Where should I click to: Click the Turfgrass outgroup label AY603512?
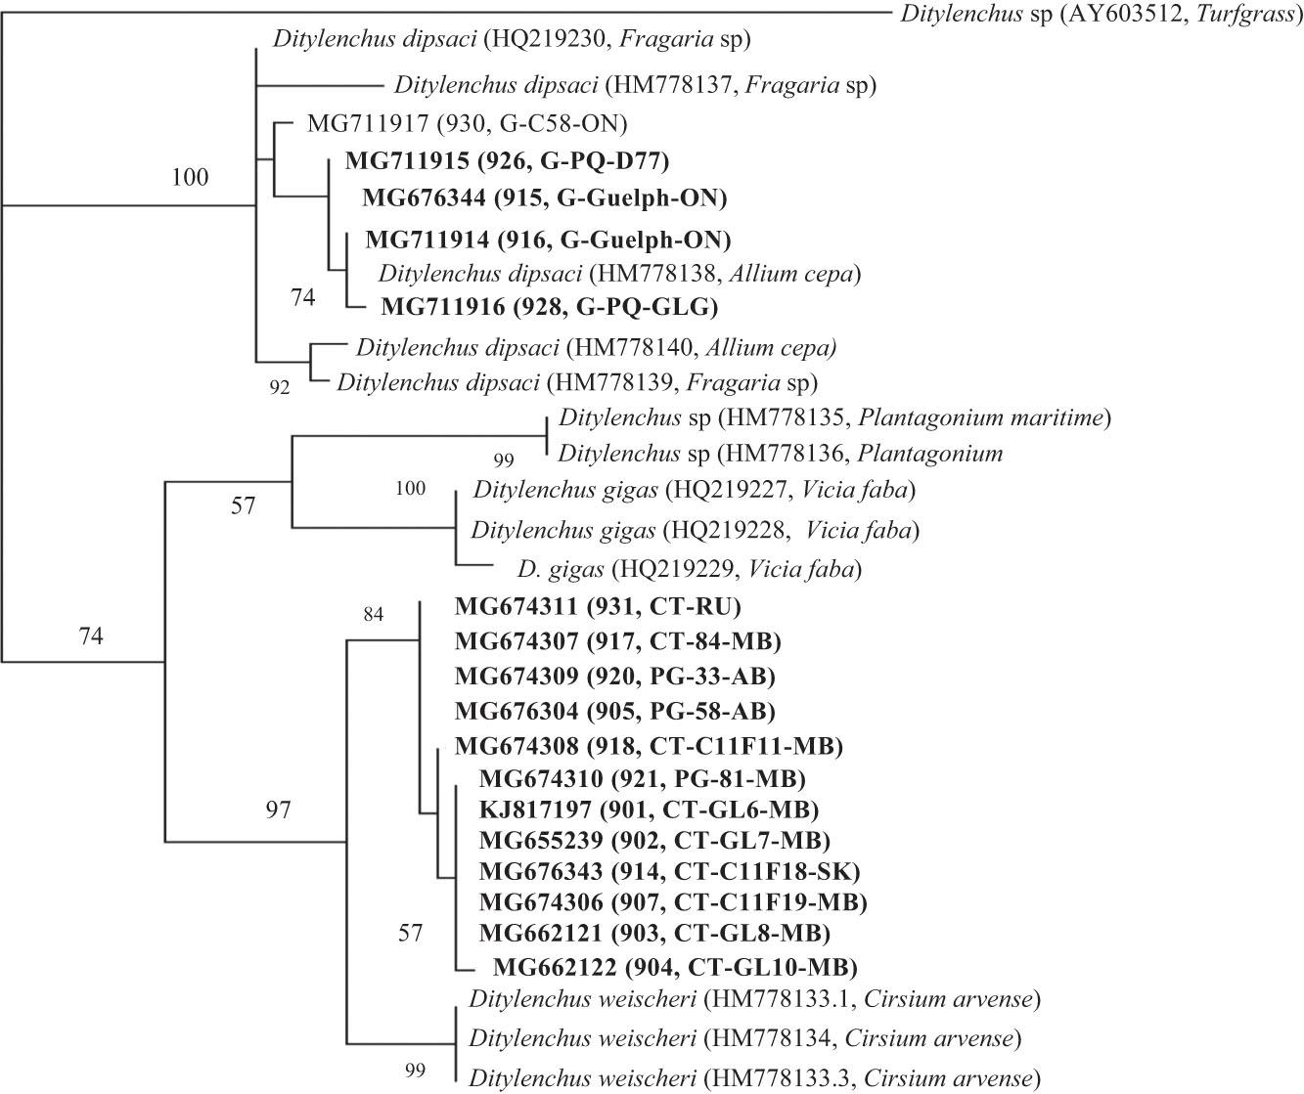(x=1098, y=15)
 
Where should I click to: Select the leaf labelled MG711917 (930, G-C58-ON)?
(x=467, y=124)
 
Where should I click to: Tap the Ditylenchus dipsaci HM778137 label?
(x=635, y=85)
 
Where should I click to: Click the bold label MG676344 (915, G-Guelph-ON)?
(x=545, y=198)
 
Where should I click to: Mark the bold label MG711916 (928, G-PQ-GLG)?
(x=549, y=307)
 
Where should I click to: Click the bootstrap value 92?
(x=280, y=387)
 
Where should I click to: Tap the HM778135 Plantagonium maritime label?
(x=834, y=418)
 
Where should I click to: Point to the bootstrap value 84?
(x=374, y=614)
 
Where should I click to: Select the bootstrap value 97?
(x=280, y=810)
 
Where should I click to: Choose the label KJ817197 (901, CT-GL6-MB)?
(x=649, y=810)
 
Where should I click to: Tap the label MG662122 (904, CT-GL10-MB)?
(x=675, y=968)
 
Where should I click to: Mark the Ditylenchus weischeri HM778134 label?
(x=745, y=1037)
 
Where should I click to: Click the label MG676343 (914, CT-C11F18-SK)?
(x=670, y=870)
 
